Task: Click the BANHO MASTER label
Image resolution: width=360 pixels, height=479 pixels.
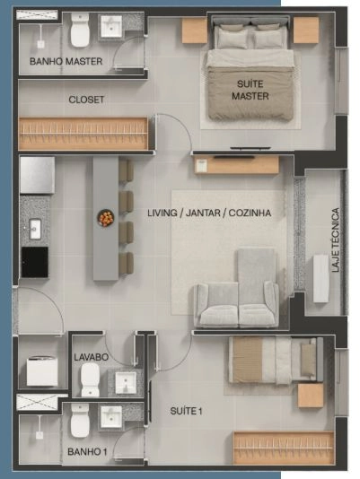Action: coord(66,61)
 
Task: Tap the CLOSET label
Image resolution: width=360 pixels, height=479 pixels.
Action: coord(86,100)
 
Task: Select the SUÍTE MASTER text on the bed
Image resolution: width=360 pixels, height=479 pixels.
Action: coord(250,90)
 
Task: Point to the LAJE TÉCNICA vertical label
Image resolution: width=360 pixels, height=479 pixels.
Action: coord(336,239)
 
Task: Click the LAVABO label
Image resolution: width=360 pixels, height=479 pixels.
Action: coord(92,357)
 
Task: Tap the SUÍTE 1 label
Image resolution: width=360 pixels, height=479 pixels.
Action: coord(186,411)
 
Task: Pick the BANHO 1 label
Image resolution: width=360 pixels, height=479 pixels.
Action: coord(87,451)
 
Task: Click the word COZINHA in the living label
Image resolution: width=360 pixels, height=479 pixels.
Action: coord(250,213)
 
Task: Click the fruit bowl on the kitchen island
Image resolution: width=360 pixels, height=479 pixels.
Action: coord(106,218)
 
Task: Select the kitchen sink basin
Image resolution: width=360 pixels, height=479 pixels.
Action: coord(35,229)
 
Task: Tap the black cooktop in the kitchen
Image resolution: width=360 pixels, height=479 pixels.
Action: coord(35,262)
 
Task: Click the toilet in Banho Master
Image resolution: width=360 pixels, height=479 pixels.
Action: coord(80,30)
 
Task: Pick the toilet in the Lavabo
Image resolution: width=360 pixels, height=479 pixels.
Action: coord(91,379)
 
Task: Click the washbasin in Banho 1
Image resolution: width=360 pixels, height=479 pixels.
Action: coord(111,417)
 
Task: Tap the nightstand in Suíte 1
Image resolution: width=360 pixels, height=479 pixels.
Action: coord(311,396)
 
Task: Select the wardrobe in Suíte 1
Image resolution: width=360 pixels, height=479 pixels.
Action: coord(284,448)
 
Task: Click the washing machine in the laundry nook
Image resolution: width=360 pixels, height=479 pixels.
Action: coord(42,371)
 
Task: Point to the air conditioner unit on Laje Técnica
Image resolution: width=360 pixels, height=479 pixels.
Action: coord(320,279)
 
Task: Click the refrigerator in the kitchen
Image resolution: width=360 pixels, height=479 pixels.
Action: coord(38,175)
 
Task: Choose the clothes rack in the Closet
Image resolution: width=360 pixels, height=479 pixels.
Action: coord(83,134)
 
